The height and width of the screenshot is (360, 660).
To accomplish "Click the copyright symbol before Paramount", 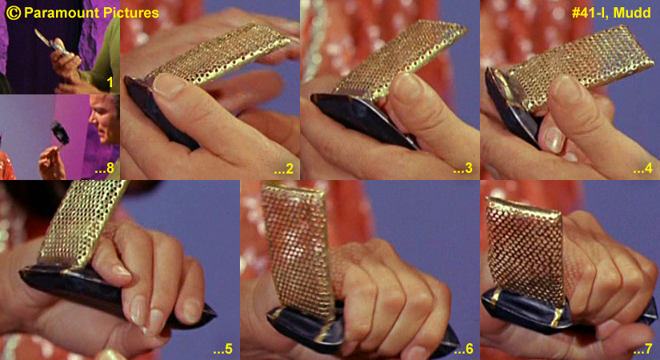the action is click(x=14, y=13).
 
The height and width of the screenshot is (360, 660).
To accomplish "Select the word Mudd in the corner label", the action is click(x=634, y=13).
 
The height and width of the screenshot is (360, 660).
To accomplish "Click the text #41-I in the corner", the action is click(x=591, y=13).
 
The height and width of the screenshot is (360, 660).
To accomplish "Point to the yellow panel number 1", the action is click(x=110, y=82).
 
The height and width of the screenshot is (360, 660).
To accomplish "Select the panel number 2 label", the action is click(x=284, y=169).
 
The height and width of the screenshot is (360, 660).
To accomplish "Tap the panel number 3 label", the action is click(x=463, y=169).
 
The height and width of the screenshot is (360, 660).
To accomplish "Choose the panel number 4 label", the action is click(x=643, y=169).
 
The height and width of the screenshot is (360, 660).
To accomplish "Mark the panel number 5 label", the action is click(x=222, y=349).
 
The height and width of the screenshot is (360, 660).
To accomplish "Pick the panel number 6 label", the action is click(x=464, y=349).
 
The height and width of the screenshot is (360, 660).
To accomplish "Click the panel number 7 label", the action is click(x=643, y=349).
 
